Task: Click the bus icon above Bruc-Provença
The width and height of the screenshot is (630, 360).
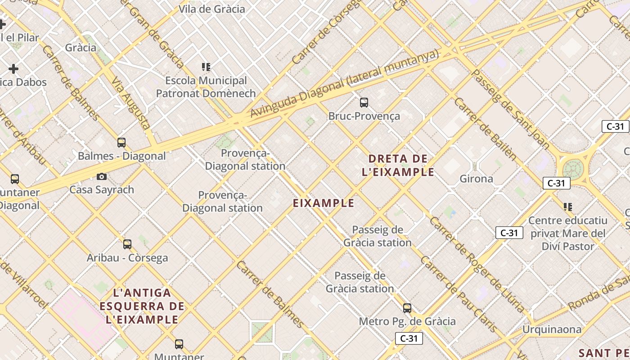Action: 364,103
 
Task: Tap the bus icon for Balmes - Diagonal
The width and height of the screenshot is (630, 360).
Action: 121,143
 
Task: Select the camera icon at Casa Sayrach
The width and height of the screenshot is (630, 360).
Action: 102,176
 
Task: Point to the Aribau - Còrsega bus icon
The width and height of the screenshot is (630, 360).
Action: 127,244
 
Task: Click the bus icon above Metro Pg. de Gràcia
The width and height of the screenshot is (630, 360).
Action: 407,308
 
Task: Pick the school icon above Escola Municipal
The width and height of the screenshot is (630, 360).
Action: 206,67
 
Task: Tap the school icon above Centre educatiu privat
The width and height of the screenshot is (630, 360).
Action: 568,207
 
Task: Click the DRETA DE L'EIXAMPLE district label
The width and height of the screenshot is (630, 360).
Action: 398,165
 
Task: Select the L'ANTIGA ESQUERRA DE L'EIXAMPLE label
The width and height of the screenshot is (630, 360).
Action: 142,306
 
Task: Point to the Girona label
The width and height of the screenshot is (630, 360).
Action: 476,179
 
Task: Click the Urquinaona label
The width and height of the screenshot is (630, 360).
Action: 552,329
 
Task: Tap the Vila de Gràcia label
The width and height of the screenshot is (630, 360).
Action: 212,9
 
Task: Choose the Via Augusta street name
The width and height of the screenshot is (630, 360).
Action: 130,103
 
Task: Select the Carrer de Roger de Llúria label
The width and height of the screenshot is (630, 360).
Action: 477,265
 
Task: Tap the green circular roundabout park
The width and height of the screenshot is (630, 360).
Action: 572,169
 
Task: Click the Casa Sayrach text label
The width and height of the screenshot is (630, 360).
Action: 102,189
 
